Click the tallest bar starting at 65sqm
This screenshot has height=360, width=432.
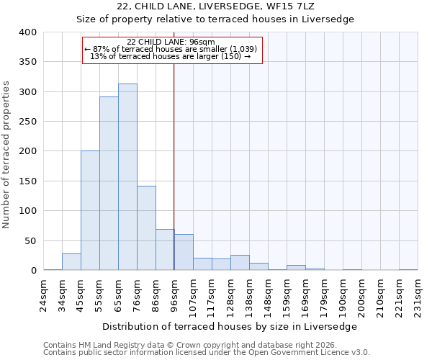click(x=127, y=177)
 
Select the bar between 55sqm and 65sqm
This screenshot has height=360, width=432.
click(x=109, y=184)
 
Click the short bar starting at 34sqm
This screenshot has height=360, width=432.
click(x=71, y=262)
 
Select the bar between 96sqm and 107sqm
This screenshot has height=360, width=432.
click(x=184, y=252)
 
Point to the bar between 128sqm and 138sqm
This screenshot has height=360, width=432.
click(x=240, y=263)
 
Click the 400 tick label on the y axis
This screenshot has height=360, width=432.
click(x=28, y=32)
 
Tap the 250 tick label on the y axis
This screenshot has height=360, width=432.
click(x=28, y=122)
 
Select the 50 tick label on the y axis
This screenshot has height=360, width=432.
click(x=31, y=240)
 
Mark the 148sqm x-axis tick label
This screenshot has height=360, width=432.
click(x=268, y=294)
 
